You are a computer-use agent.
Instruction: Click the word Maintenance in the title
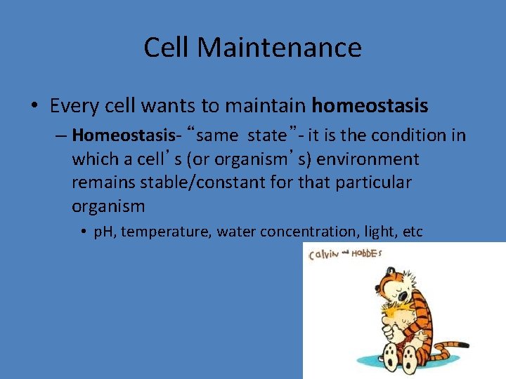click(280, 48)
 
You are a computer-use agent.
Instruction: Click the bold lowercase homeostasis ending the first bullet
click(370, 106)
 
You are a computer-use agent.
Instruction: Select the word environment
click(368, 159)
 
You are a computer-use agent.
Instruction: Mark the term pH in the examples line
click(105, 232)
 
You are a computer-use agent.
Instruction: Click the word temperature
click(167, 232)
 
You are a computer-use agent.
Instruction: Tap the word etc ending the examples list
click(413, 232)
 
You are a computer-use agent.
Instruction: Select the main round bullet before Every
click(34, 107)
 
